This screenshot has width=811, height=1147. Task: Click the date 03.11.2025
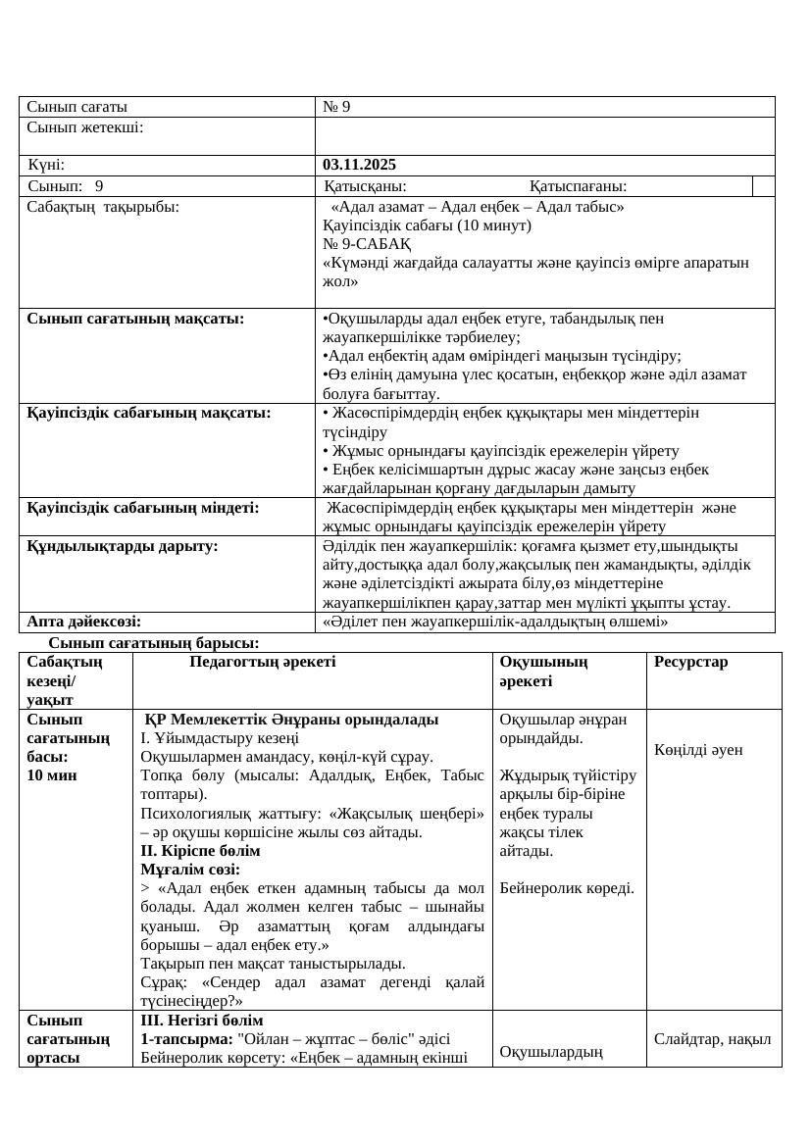pyautogui.click(x=360, y=165)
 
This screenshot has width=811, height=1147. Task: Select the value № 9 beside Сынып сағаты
pyautogui.click(x=336, y=107)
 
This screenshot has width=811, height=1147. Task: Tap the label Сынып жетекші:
pyautogui.click(x=85, y=127)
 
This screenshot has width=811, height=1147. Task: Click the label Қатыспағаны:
pyautogui.click(x=579, y=186)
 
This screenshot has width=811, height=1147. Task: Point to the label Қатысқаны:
pyautogui.click(x=366, y=186)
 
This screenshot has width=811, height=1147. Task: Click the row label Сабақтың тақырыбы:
pyautogui.click(x=103, y=207)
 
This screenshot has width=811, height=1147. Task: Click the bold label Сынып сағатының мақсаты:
pyautogui.click(x=135, y=318)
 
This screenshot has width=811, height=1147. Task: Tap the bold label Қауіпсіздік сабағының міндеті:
pyautogui.click(x=143, y=508)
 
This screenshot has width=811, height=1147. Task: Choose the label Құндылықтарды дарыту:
pyautogui.click(x=123, y=545)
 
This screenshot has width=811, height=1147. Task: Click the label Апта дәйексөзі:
pyautogui.click(x=83, y=621)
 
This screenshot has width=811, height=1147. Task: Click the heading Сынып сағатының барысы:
pyautogui.click(x=154, y=643)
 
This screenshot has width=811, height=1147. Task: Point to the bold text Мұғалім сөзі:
pyautogui.click(x=190, y=869)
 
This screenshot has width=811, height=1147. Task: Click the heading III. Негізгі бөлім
pyautogui.click(x=201, y=1021)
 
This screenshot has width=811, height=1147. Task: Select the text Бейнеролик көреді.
pyautogui.click(x=567, y=888)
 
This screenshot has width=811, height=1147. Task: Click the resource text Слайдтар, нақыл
pyautogui.click(x=713, y=1039)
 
